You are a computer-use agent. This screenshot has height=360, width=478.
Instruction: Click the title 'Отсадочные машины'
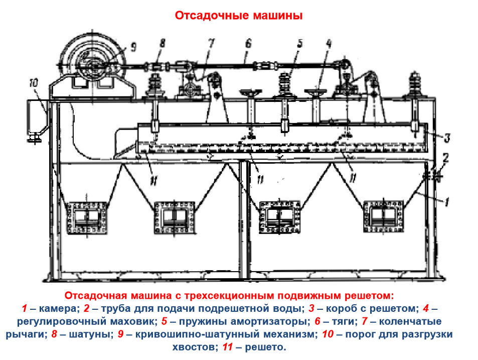(239, 15)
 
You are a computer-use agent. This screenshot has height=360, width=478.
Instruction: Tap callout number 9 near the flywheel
(133, 47)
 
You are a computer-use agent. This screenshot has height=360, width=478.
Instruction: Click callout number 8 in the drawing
(163, 43)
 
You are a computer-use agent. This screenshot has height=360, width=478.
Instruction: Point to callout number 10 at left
(34, 83)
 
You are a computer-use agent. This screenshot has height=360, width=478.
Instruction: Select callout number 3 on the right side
(447, 138)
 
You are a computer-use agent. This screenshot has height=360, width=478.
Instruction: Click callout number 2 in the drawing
(445, 158)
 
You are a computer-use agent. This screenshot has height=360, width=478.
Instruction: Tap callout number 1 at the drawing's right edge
(446, 202)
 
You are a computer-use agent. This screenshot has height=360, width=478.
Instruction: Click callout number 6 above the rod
(248, 44)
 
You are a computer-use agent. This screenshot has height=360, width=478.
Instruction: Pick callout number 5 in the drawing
(300, 44)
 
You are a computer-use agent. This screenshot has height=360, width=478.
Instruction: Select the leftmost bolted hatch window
(87, 217)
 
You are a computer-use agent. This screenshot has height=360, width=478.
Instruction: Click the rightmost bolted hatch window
(384, 216)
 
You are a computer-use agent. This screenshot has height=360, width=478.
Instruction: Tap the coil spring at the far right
(415, 83)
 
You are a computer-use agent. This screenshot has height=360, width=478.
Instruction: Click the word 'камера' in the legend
(59, 308)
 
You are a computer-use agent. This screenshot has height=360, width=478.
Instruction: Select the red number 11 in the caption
(228, 347)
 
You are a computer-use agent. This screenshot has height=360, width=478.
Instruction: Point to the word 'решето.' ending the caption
(265, 347)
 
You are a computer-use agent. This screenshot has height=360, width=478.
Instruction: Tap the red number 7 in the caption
(365, 321)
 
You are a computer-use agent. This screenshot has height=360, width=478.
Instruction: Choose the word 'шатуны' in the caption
(89, 334)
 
